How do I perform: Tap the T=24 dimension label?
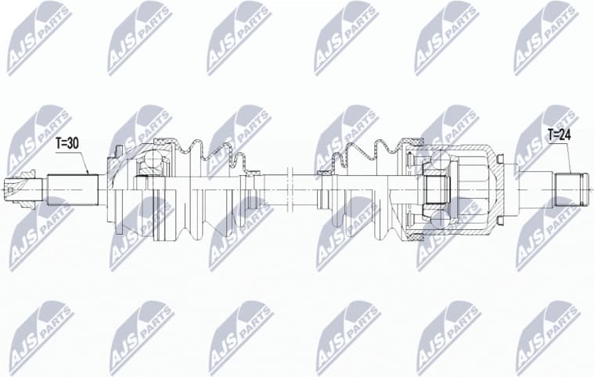pos(560,134)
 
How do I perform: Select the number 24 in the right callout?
pos(567,134)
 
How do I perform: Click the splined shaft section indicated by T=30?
pos(72,189)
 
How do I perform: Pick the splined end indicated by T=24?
pos(569,188)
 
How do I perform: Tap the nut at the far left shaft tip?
pos(13,188)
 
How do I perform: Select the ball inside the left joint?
pos(150,163)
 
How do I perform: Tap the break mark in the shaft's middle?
pos(289,188)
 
